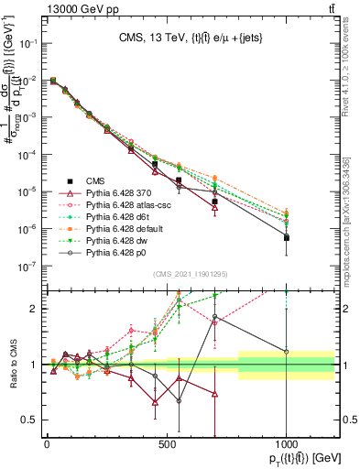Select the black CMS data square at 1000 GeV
click(287, 237)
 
